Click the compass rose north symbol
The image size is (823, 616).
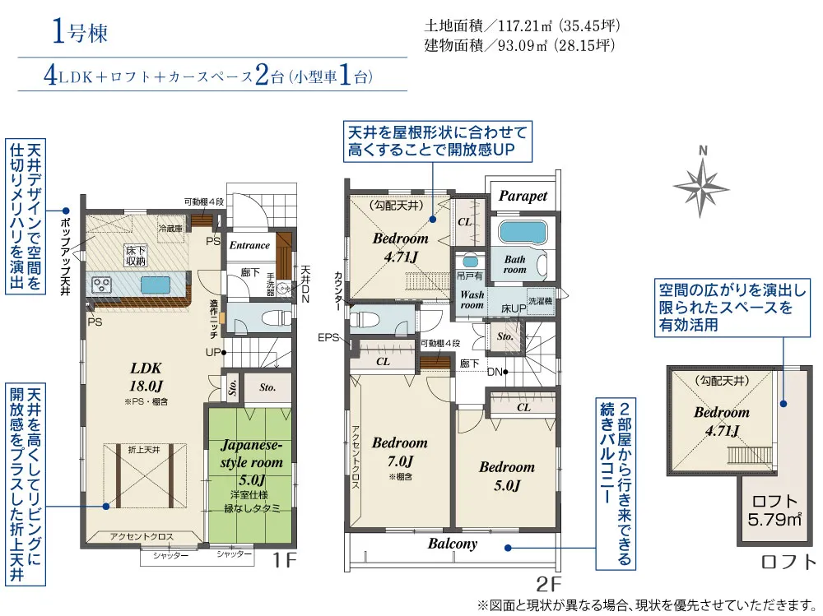[x=702, y=182]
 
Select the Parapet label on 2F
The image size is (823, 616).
[x=523, y=197]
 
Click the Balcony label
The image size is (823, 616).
[x=452, y=544]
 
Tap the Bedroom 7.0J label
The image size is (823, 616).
[x=400, y=452]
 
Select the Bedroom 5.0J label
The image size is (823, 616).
[x=507, y=475]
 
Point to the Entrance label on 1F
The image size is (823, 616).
[x=249, y=245]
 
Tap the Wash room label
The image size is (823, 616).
[x=472, y=299]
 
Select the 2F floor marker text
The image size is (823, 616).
[x=549, y=586]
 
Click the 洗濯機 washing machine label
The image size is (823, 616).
[x=540, y=301]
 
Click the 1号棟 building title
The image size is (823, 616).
[x=80, y=34]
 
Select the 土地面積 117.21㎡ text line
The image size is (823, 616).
[x=522, y=25]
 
